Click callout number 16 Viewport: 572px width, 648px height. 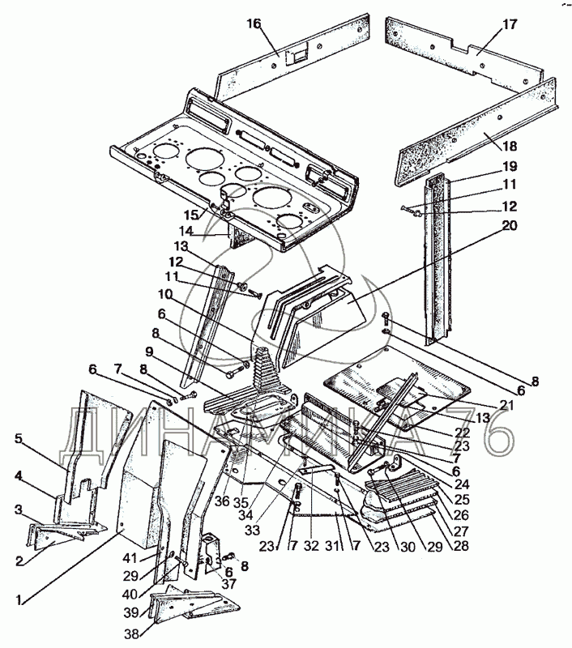[x=254, y=24]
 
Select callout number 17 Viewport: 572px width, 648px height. [x=510, y=24]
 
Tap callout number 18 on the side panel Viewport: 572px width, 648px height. [x=509, y=146]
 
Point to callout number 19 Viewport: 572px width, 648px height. [x=509, y=166]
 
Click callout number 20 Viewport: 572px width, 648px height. [x=509, y=226]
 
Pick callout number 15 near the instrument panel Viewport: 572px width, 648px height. [x=191, y=215]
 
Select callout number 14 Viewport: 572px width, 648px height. [x=186, y=231]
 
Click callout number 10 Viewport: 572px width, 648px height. [x=165, y=295]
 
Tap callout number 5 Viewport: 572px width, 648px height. [x=18, y=438]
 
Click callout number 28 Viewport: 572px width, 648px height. [x=461, y=545]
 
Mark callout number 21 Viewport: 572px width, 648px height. [x=506, y=406]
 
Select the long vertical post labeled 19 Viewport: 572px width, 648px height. [x=438, y=259]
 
